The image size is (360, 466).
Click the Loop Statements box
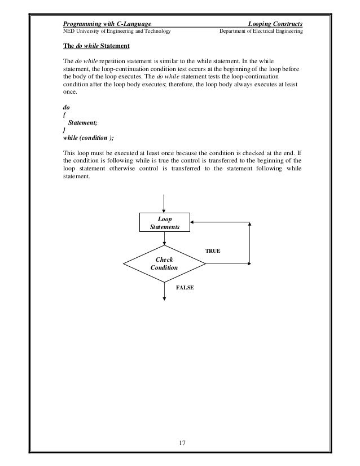(164, 222)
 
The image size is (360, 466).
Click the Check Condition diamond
(164, 263)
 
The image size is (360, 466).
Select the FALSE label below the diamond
(185, 287)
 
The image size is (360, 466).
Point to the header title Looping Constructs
(275, 24)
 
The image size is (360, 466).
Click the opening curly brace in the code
(63, 113)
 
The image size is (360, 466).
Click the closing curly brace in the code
(63, 129)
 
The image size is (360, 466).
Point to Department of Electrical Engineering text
(260, 32)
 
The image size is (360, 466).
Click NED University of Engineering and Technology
(116, 32)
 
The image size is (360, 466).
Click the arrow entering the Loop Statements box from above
(164, 203)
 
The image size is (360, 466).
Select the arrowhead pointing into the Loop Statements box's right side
(194, 222)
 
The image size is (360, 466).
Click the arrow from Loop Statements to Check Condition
(164, 238)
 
